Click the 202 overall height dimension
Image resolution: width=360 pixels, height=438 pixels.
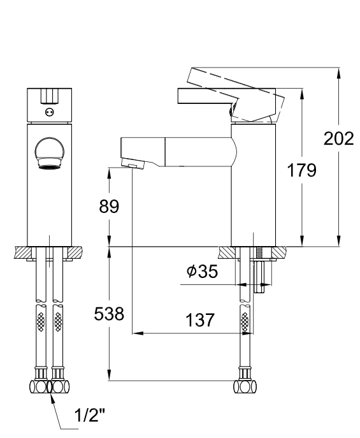[x=338, y=139]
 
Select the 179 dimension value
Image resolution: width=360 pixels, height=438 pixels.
[x=301, y=171]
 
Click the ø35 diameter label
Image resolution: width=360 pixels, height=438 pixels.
[x=202, y=272]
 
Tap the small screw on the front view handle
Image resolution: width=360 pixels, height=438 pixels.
[x=50, y=112]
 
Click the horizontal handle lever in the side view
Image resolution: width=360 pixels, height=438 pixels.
[x=204, y=96]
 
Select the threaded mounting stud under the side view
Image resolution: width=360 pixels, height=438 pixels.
[x=261, y=271]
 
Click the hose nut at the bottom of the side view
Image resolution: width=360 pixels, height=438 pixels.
[x=244, y=386]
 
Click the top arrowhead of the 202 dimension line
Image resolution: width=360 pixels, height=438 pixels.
[x=338, y=72]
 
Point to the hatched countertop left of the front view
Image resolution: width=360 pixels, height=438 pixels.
[x=20, y=253]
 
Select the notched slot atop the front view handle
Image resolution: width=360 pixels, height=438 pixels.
[x=50, y=96]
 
